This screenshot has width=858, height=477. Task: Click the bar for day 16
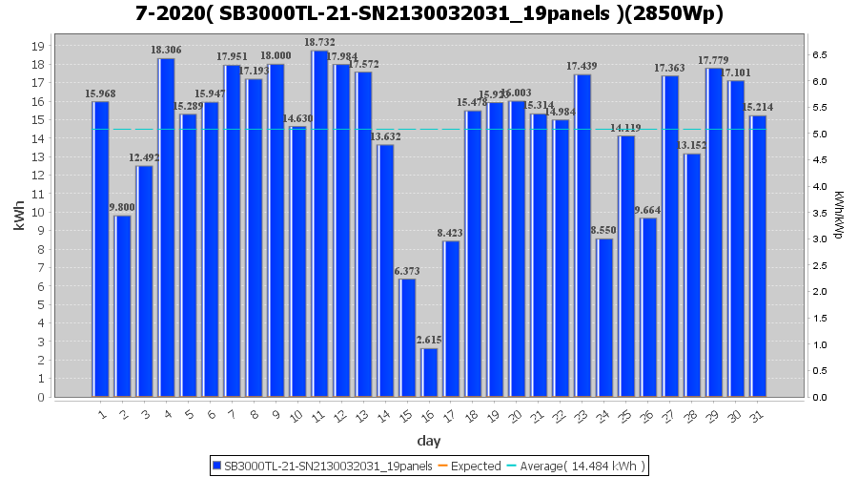429,372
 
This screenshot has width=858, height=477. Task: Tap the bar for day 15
407,338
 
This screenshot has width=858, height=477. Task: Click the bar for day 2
123,306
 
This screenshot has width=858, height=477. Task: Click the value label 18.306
166,50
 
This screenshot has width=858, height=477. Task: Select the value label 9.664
648,210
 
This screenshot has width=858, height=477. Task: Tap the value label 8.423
451,233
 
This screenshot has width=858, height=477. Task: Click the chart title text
429,14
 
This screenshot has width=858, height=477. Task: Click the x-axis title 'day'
428,440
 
